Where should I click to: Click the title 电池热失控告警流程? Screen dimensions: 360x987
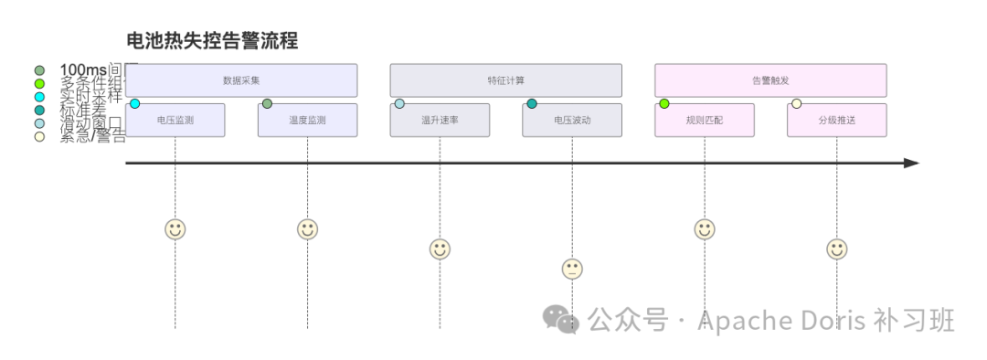(x=212, y=41)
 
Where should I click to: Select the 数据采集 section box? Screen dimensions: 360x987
(x=241, y=80)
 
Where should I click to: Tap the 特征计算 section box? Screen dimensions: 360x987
(x=505, y=80)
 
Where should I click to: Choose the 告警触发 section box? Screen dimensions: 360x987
(x=770, y=80)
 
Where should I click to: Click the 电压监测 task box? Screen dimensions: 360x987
(x=175, y=121)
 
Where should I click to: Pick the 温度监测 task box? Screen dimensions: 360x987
(x=307, y=121)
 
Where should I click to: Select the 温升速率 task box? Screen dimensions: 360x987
(x=440, y=121)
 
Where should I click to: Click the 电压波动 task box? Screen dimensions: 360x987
(x=572, y=121)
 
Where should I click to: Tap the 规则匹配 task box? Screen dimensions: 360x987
(x=704, y=121)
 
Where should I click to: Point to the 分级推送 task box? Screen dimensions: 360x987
(x=836, y=121)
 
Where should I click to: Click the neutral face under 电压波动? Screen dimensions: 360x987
(x=572, y=269)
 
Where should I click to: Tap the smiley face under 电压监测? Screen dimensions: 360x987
(x=175, y=229)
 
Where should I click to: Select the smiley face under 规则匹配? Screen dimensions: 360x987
(x=704, y=229)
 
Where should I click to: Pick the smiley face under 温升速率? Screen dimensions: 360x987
(x=440, y=249)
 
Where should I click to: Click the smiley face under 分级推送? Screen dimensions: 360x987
(x=836, y=249)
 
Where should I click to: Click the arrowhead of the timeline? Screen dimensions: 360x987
(x=911, y=163)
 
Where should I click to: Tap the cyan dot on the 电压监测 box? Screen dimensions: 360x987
(x=134, y=103)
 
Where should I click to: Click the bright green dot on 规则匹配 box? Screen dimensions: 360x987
(x=664, y=103)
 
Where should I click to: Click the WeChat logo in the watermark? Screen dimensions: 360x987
(x=561, y=319)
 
